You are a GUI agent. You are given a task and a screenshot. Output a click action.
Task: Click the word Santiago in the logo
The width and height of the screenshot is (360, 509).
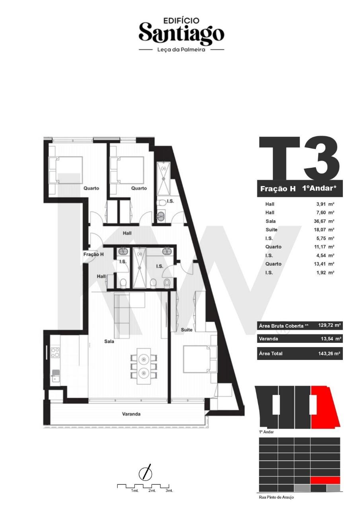point(181,34)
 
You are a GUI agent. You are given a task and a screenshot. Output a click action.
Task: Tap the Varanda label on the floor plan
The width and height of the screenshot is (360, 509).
point(131,414)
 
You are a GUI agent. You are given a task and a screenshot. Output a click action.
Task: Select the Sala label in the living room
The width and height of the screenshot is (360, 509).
point(109,341)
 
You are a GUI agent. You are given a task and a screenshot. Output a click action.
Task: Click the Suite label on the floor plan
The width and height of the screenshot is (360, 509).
point(187,330)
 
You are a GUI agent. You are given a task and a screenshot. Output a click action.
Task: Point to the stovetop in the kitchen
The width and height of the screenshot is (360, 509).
point(55,352)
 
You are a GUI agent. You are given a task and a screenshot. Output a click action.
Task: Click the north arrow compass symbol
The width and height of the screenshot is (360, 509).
point(145,473)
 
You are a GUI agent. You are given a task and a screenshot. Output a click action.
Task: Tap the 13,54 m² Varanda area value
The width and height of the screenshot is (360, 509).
point(331,339)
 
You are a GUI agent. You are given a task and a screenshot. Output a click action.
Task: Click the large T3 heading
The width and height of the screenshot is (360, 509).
point(299,158)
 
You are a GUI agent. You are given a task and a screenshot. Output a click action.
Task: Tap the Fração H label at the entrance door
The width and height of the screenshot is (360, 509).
point(93,254)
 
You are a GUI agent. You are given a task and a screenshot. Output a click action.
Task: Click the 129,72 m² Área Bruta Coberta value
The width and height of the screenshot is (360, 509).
point(329,325)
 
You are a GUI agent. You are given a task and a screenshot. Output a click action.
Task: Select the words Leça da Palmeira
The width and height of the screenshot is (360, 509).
point(181,50)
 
